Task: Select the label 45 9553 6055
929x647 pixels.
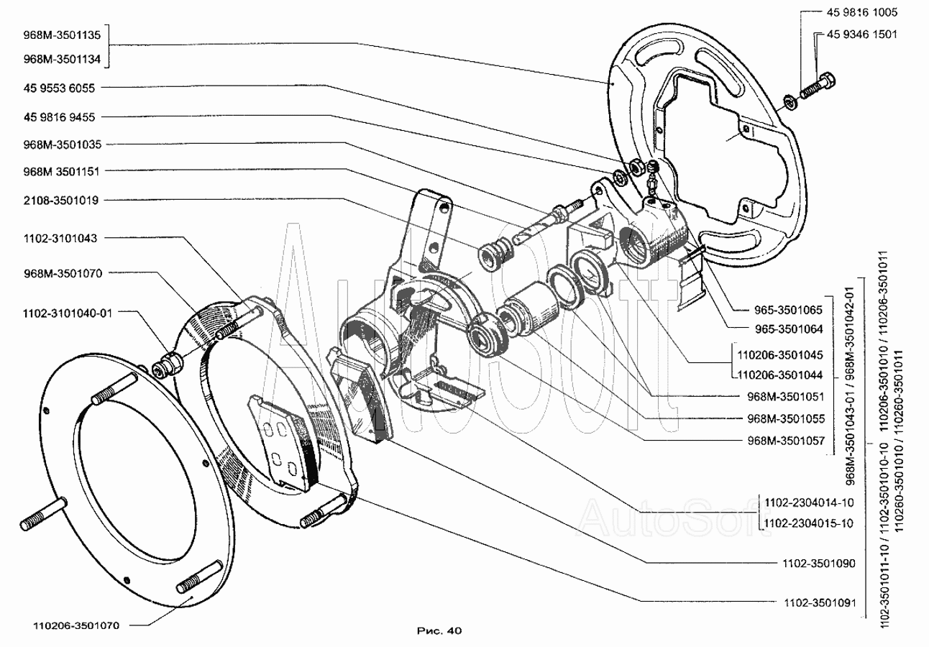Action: coord(54,88)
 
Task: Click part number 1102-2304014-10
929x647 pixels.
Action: coord(809,503)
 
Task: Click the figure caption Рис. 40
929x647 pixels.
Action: coord(439,630)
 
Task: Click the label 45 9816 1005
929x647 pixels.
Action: coord(857,12)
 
